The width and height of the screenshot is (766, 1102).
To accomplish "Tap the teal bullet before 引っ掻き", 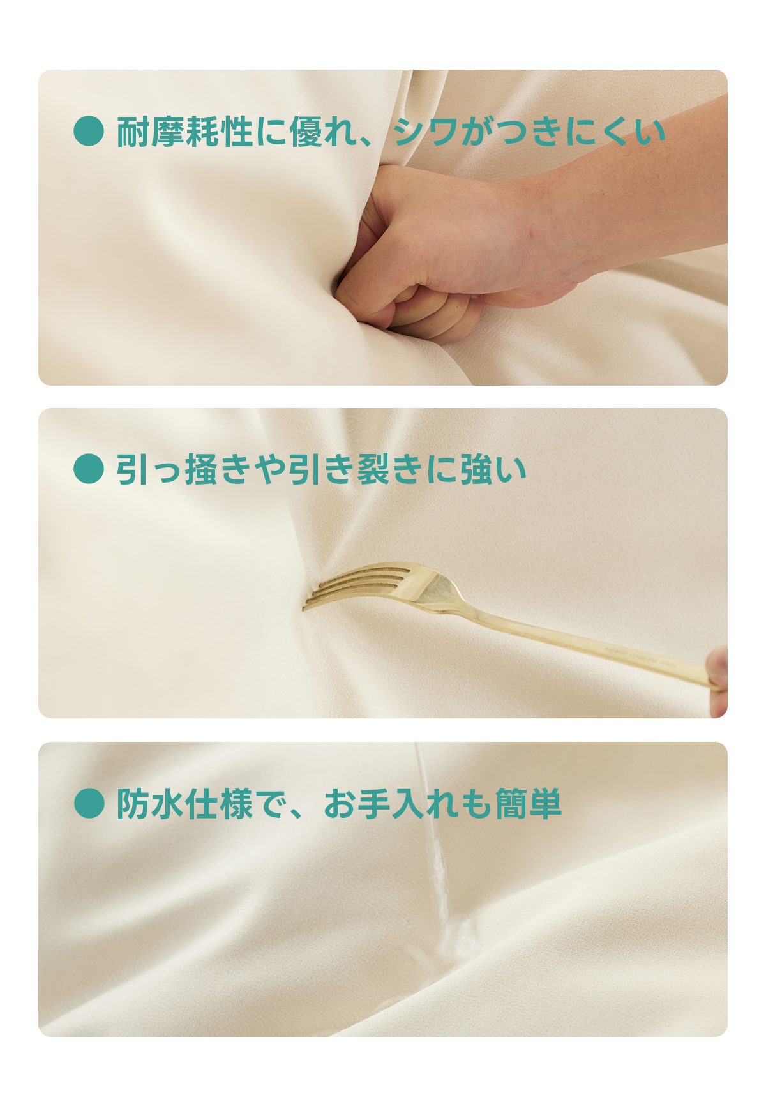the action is (x=89, y=469).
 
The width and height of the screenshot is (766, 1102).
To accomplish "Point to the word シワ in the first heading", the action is (x=425, y=132).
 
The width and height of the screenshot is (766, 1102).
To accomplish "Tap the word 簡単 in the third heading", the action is (x=528, y=803).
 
